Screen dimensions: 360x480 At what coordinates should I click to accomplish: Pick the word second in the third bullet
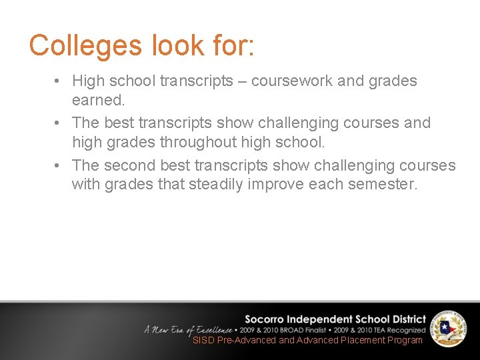click(x=134, y=165)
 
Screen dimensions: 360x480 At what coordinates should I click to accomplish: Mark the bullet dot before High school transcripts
click(x=59, y=81)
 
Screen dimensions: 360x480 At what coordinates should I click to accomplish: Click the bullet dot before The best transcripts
click(x=59, y=123)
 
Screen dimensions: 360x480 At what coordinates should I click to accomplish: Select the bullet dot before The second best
click(x=59, y=165)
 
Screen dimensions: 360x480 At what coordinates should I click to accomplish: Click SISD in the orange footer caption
click(x=203, y=340)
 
